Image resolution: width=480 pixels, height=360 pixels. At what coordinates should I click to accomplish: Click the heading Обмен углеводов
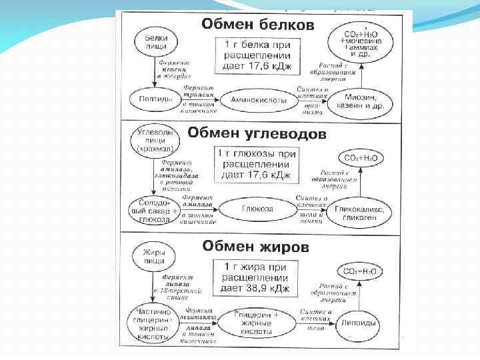pos(257,133)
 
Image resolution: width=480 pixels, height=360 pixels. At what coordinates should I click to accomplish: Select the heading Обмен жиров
pos(257,247)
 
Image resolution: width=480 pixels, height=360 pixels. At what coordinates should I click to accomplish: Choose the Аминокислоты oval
pos(254,101)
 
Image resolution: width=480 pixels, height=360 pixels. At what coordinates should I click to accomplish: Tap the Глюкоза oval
pos(257,209)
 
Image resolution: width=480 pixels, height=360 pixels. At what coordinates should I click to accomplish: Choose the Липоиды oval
pos(359,321)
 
